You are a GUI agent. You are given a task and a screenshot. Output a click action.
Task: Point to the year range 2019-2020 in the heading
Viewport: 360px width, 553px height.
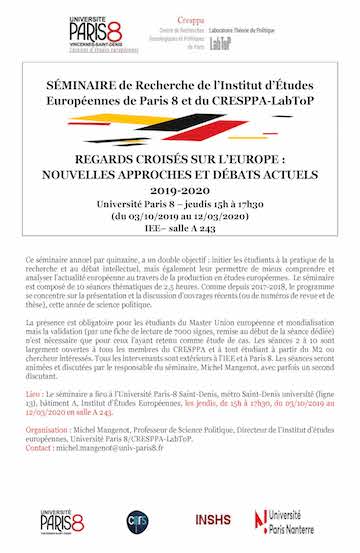pyautogui.click(x=180, y=186)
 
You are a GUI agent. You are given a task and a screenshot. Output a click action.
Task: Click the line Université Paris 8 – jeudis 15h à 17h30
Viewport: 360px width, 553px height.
pyautogui.click(x=180, y=200)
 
